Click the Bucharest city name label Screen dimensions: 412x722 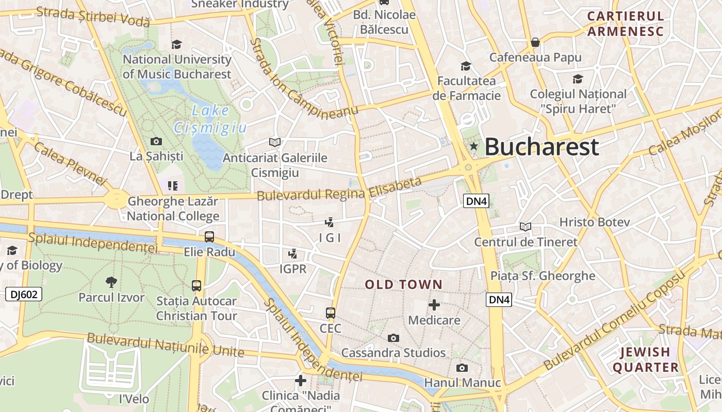(x=541, y=147)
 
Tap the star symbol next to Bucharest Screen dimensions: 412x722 (x=473, y=147)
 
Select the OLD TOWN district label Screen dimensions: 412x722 (x=404, y=284)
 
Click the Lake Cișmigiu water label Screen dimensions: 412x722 (x=210, y=119)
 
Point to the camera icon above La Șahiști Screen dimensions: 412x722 (x=156, y=141)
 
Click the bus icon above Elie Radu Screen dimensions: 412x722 (x=209, y=237)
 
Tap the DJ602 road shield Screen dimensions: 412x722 (x=24, y=295)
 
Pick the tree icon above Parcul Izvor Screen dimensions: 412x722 (x=111, y=282)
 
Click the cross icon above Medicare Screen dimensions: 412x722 (x=434, y=305)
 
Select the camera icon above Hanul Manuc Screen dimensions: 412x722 (x=462, y=368)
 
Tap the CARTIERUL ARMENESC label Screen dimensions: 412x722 (x=626, y=24)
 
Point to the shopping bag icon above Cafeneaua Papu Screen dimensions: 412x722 (x=535, y=42)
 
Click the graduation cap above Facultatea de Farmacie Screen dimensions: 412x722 (x=466, y=66)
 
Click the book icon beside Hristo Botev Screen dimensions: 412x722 (x=526, y=227)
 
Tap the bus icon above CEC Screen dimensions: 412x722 (x=331, y=313)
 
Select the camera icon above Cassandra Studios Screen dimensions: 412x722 (x=393, y=338)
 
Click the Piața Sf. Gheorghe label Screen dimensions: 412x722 (x=543, y=276)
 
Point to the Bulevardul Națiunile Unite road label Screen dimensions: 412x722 (x=165, y=345)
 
